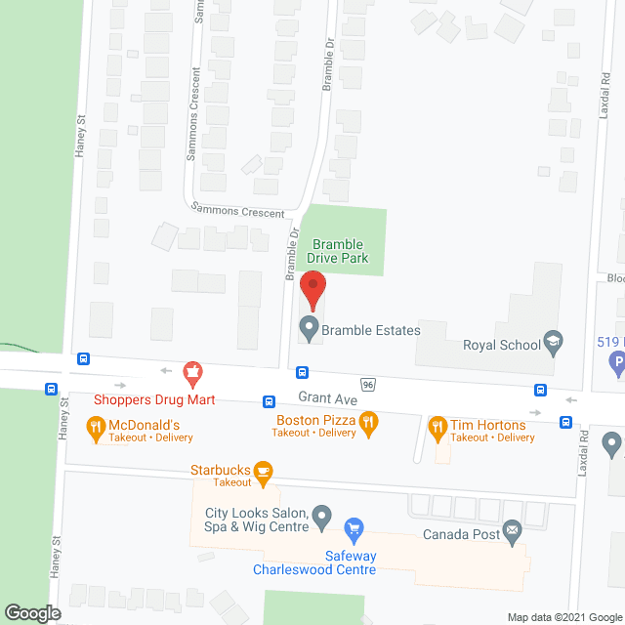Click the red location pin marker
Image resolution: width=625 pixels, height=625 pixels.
click(312, 290)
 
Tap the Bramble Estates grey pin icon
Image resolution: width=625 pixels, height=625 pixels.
click(310, 329)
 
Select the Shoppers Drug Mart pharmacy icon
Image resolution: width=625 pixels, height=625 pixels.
click(193, 372)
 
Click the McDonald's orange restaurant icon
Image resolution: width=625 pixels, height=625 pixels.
click(95, 425)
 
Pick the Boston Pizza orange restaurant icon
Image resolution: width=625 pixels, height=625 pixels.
click(368, 424)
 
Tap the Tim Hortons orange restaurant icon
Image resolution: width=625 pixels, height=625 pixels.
click(437, 425)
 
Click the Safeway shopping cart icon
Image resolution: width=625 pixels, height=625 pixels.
click(354, 530)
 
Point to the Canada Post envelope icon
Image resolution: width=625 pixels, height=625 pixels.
click(512, 532)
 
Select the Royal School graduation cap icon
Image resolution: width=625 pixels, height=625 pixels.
click(554, 341)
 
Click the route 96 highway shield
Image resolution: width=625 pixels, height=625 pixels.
click(367, 384)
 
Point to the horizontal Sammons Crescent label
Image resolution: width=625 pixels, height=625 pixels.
click(238, 211)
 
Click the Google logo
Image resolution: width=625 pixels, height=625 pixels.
click(31, 612)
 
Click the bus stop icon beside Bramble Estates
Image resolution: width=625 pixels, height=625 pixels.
click(304, 372)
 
